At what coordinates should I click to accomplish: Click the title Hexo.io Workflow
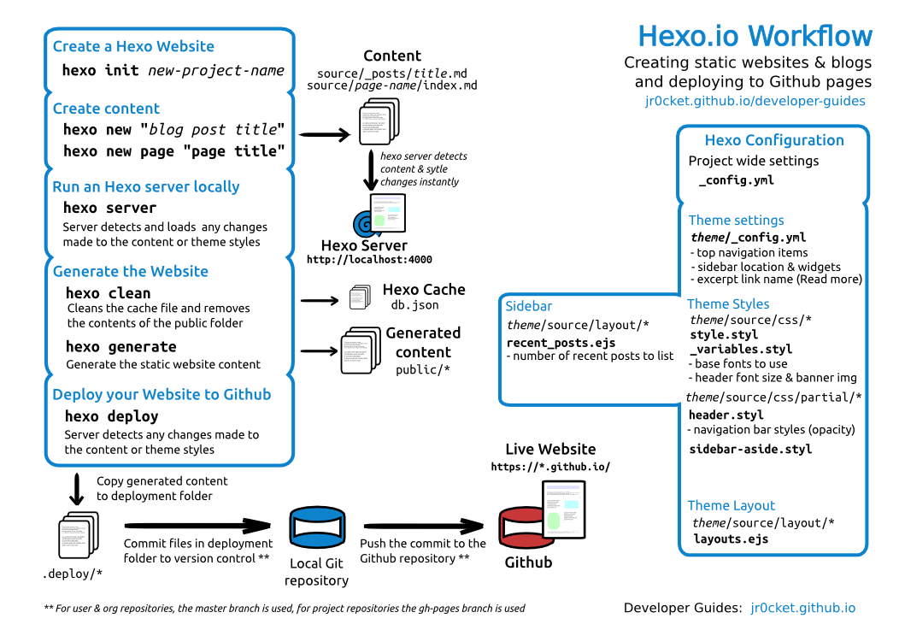pos(755,36)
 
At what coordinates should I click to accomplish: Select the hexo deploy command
pos(112,416)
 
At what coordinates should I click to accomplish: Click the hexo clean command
pos(108,293)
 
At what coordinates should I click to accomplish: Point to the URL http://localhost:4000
pos(369,260)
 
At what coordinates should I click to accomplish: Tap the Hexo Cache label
pos(424,290)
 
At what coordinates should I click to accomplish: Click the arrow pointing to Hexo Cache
pos(320,300)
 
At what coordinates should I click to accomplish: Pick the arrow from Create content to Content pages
pos(326,135)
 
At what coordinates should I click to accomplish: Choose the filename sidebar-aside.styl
pos(750,449)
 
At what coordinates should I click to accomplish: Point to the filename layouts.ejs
pos(731,539)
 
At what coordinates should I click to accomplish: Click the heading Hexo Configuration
pos(773,140)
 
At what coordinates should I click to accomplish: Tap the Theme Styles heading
pos(728,304)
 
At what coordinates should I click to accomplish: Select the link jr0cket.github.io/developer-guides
pos(755,101)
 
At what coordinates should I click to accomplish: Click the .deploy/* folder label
pos(73,574)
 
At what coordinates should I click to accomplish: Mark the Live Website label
pos(550,449)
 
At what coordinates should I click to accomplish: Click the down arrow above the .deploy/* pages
pos(77,488)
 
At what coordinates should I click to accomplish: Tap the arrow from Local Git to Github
pos(425,527)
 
